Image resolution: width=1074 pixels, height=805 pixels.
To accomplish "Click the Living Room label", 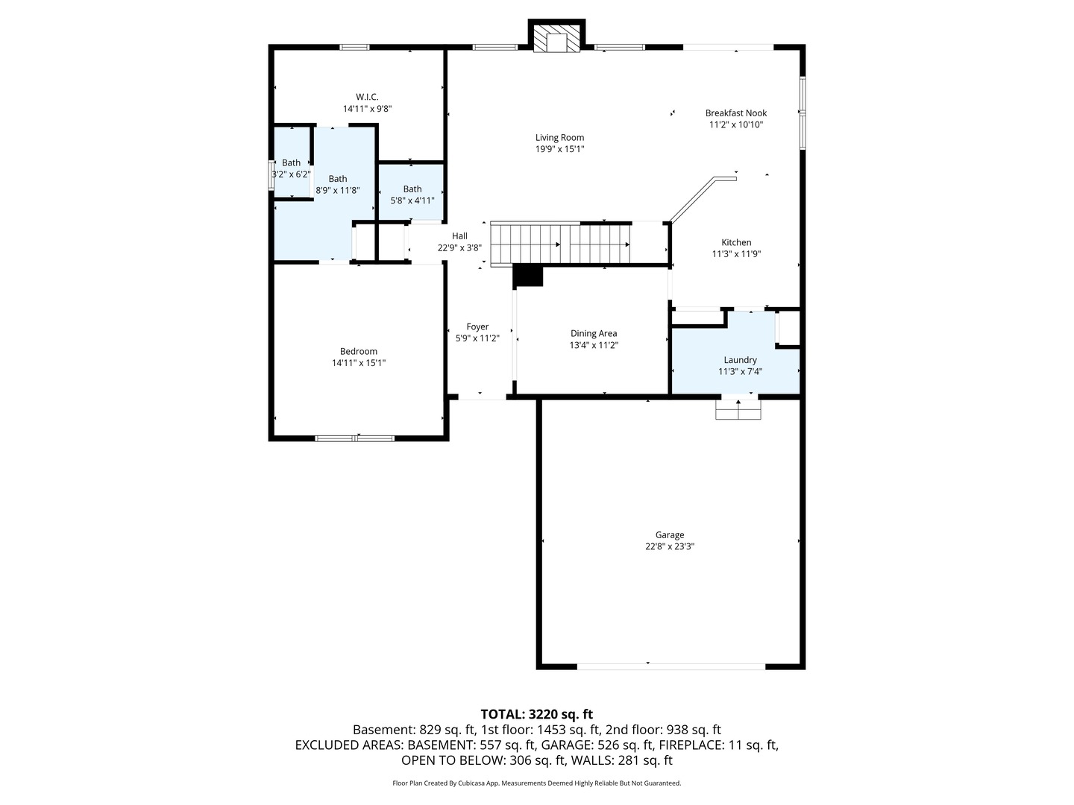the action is [x=559, y=138].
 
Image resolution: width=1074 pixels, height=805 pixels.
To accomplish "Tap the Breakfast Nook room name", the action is [x=736, y=113].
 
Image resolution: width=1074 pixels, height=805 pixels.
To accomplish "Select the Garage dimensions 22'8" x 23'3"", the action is [x=669, y=546].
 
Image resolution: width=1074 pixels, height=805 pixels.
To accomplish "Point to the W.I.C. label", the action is [x=367, y=97].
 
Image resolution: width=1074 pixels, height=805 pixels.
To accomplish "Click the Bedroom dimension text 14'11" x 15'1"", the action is [x=359, y=363].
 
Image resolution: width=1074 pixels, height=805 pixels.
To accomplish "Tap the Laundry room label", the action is [x=740, y=360].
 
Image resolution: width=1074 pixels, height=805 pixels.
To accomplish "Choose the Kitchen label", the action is [x=736, y=242].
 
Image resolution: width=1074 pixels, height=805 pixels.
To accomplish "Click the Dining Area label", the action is [x=594, y=334].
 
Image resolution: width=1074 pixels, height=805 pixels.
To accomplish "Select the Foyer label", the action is [x=477, y=327].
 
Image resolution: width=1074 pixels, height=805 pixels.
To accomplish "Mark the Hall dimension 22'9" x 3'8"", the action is [x=459, y=247].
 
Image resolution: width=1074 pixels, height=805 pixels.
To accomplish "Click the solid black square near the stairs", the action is [x=527, y=276].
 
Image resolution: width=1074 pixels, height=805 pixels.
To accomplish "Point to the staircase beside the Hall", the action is [x=561, y=244].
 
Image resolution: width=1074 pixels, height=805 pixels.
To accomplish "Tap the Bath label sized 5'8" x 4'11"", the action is [x=412, y=189].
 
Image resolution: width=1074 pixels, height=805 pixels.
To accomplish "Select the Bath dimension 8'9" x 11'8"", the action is [x=338, y=191].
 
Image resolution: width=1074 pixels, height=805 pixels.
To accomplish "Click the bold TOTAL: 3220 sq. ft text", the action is [x=537, y=715].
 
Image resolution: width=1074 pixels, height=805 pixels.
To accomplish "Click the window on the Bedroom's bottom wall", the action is [x=355, y=438].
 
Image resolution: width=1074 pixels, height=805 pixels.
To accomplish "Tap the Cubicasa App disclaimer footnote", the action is [x=537, y=783].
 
